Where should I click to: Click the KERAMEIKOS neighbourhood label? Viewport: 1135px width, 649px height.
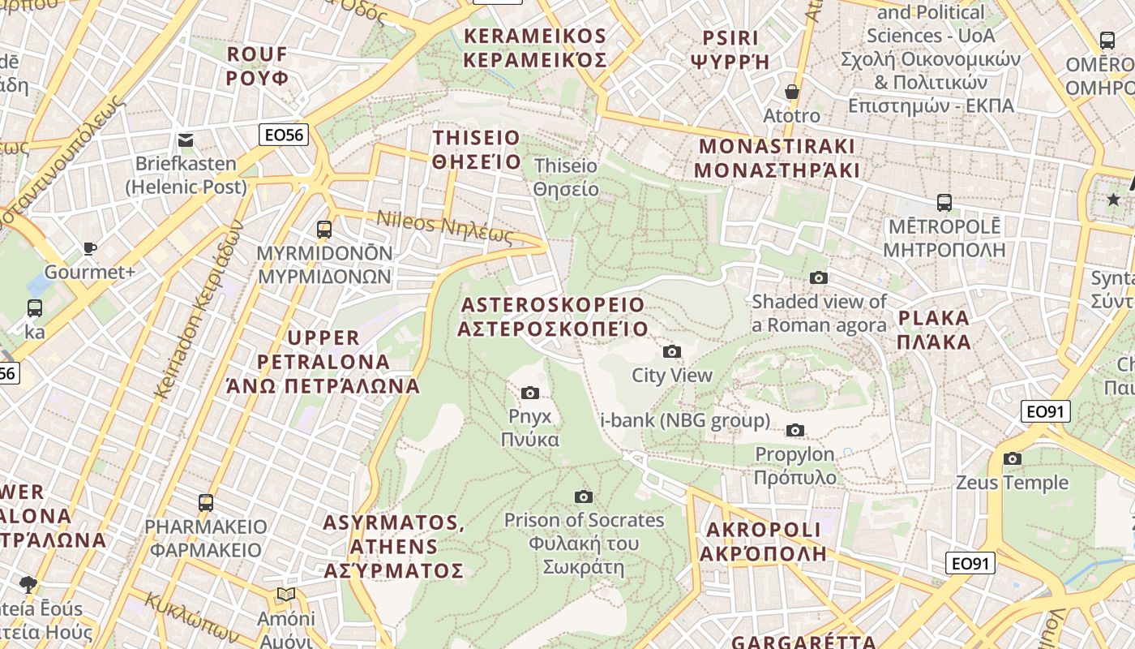[535, 48]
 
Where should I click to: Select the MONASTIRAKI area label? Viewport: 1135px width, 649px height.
[777, 158]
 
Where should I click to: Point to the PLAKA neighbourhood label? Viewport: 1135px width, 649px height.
[934, 329]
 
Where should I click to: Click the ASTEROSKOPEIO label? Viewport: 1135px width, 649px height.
[553, 316]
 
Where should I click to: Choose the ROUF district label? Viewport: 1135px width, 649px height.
[257, 66]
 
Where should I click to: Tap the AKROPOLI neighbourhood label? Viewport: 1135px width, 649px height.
[764, 541]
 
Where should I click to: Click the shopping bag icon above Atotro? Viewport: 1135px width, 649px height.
[791, 92]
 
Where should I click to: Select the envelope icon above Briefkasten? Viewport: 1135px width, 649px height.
[186, 140]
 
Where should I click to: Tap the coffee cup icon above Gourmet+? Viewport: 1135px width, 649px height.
[89, 248]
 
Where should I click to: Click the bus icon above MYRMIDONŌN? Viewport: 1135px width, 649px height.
[324, 230]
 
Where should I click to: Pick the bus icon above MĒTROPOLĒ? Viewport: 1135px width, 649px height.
[944, 202]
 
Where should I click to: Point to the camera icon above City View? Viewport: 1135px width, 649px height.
[671, 351]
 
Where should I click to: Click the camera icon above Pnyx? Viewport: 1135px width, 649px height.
[530, 393]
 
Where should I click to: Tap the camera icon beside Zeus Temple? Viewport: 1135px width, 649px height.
[1012, 459]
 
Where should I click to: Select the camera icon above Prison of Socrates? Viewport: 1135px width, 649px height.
[583, 496]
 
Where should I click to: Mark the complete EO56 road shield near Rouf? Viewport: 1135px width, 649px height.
[284, 135]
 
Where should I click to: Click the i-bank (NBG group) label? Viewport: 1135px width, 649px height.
[685, 420]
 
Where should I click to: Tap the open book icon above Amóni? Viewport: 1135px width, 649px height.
[285, 595]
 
